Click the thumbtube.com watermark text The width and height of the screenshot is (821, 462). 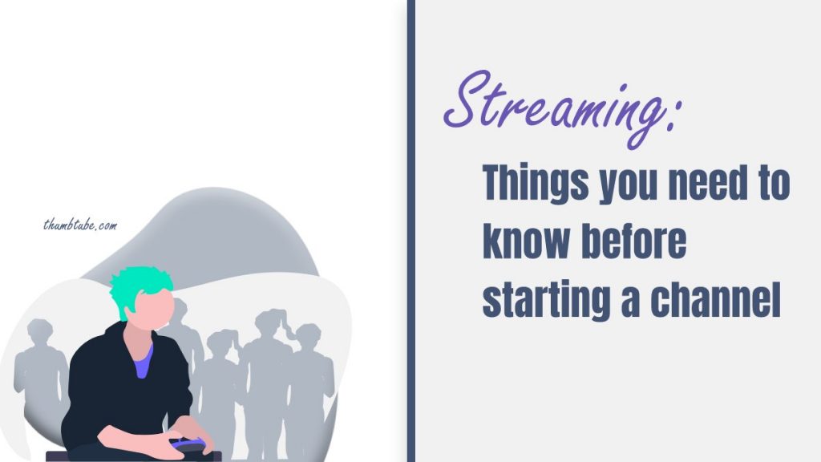(x=79, y=225)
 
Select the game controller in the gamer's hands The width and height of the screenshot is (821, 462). (x=186, y=442)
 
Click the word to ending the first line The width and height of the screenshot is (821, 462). (x=774, y=186)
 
